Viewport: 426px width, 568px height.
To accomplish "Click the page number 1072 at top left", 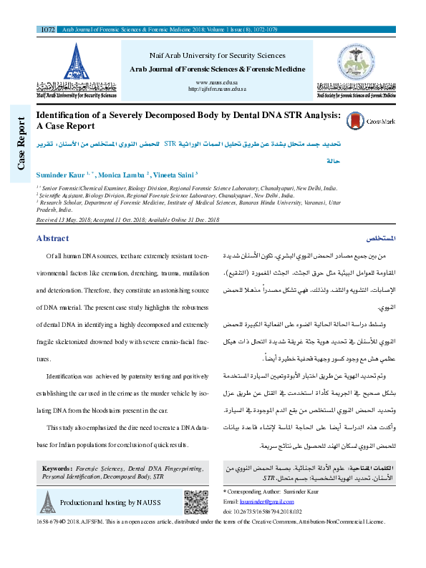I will pos(48,30).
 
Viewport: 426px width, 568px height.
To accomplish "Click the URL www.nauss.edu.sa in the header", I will pos(216,83).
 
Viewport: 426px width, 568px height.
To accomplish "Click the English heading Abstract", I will pos(52,238).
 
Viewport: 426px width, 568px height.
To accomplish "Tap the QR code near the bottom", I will pos(195,502).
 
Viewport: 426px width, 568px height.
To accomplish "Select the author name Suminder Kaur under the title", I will pos(61,174).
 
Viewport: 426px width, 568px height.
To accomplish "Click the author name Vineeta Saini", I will pos(173,174).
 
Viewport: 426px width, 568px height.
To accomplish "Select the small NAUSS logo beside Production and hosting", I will pos(47,503).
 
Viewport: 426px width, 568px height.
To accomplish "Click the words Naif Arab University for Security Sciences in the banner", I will pos(216,55).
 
